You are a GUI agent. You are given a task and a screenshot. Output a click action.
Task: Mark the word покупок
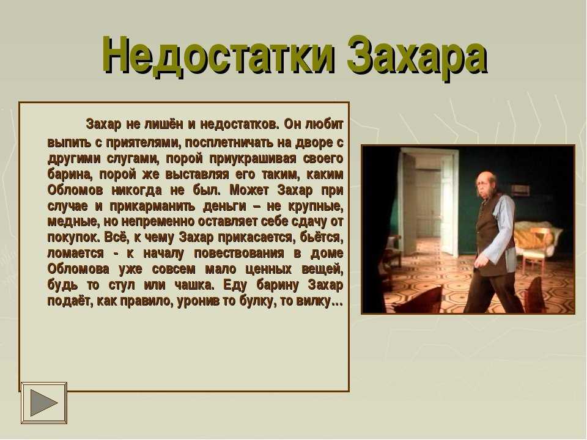(x=74, y=238)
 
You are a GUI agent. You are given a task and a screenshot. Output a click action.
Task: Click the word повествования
(x=239, y=253)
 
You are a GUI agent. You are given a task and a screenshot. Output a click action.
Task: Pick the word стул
(x=121, y=285)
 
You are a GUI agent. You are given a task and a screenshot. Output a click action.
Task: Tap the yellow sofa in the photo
(x=538, y=236)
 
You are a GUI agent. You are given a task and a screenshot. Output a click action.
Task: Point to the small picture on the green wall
(x=520, y=191)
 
